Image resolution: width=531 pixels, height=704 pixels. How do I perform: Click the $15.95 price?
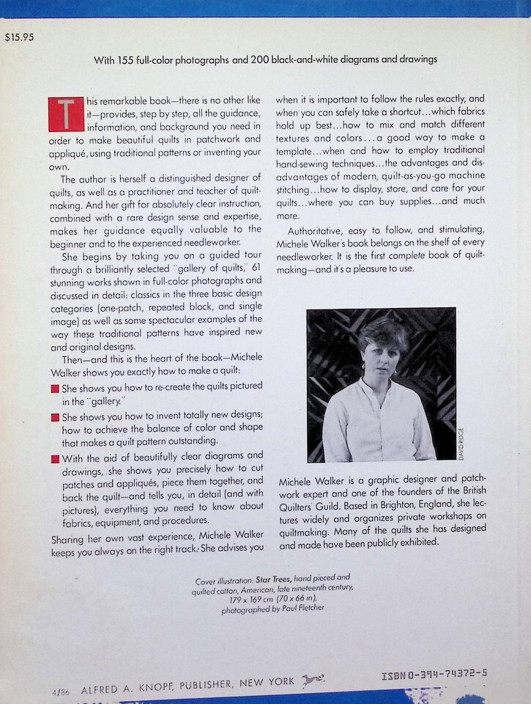[x=18, y=37]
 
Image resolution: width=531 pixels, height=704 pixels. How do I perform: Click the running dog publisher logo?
[x=313, y=680]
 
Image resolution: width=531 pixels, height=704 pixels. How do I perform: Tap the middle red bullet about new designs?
[x=55, y=417]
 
